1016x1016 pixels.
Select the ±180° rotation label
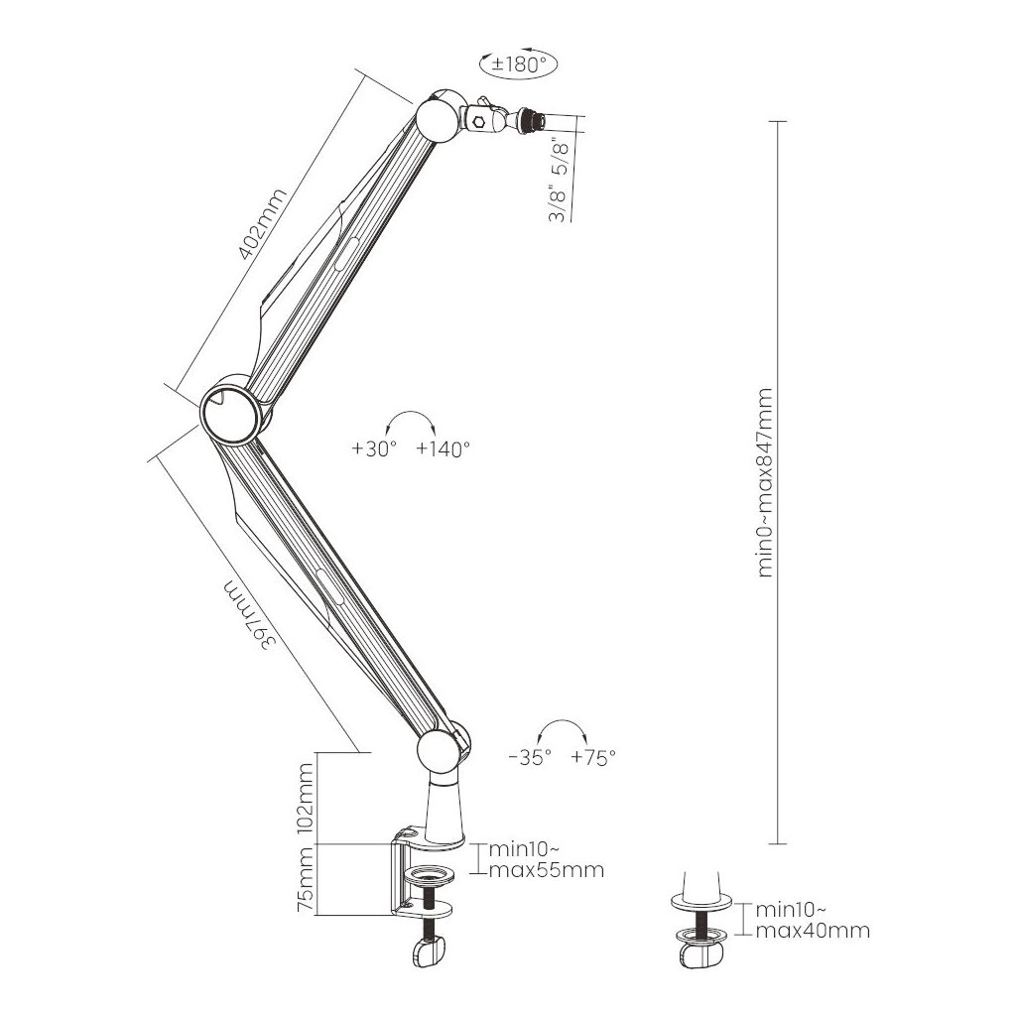518,63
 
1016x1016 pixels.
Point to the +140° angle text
443,448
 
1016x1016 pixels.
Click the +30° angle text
374,448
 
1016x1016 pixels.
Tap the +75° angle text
594,756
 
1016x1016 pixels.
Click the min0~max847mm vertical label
765,482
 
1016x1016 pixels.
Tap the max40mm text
813,930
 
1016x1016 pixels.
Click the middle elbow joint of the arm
232,409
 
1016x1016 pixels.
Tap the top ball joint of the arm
437,117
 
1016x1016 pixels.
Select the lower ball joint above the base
439,751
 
